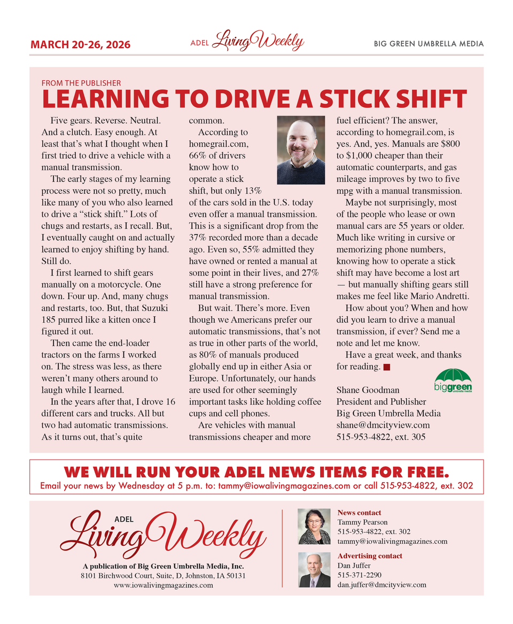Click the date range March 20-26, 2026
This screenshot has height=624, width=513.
(80, 44)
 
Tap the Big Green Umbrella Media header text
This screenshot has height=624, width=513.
(429, 44)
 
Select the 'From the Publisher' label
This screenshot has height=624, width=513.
(81, 83)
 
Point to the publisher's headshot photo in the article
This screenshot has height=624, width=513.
(301, 150)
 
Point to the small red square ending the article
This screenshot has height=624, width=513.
(387, 367)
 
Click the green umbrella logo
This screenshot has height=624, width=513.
(453, 381)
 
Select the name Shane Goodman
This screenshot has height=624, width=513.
(368, 390)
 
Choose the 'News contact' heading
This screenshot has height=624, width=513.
(359, 513)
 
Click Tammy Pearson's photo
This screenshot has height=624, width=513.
(314, 527)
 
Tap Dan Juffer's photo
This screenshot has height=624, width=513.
(314, 570)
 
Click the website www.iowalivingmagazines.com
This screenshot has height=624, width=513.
(164, 585)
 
